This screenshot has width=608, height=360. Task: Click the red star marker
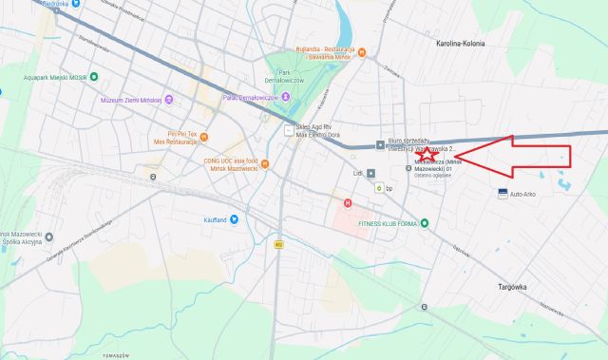click(x=425, y=161)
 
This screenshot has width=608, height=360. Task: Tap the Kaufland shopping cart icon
click(x=235, y=219)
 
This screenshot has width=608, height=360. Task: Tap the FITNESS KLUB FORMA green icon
click(x=425, y=223)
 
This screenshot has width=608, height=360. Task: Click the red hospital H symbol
click(x=348, y=202)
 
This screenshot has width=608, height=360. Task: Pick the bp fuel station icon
click(x=378, y=188)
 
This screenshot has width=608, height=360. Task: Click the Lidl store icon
click(x=371, y=173)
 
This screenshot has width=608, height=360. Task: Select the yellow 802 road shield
click(x=278, y=244)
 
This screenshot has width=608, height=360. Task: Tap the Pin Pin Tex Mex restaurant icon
click(x=203, y=136)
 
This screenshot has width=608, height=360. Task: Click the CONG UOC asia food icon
click(x=265, y=164)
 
